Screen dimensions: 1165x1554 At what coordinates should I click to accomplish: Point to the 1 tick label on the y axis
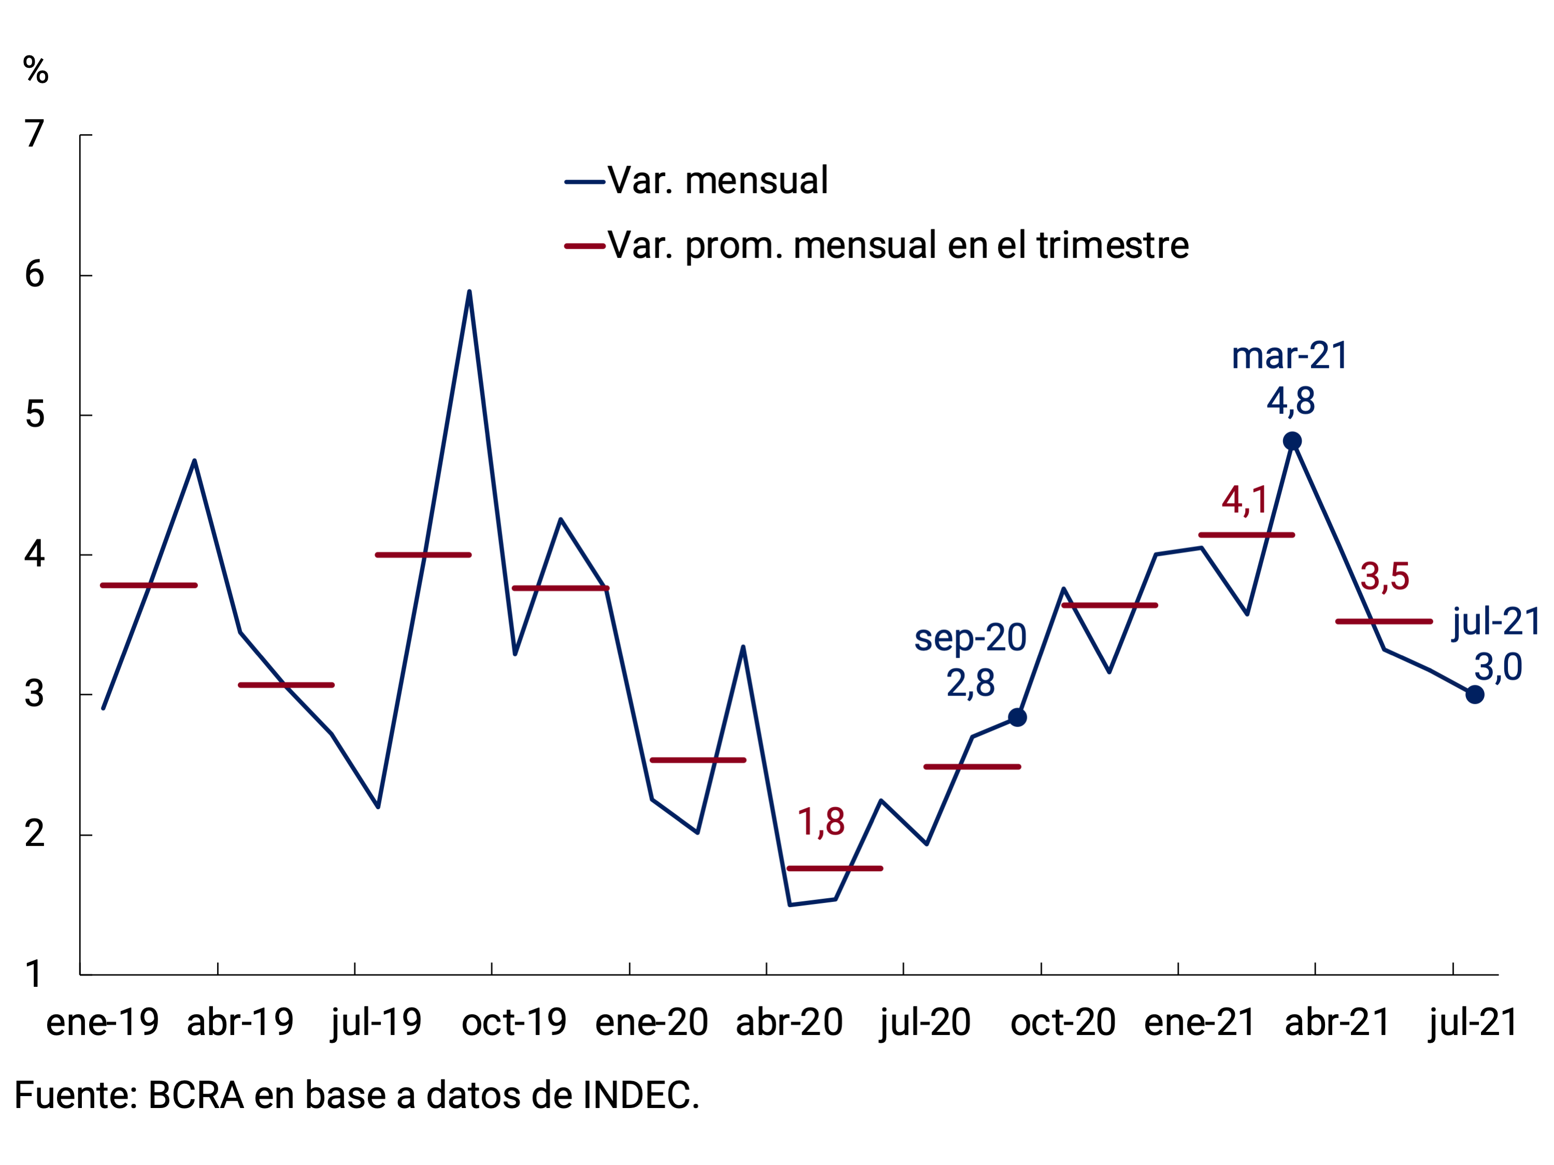[33, 975]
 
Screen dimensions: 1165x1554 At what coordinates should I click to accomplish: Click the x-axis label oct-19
[514, 1023]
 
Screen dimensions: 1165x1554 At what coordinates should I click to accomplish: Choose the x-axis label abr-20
[789, 1023]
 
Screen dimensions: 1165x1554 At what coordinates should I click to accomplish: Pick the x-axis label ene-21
[1200, 1023]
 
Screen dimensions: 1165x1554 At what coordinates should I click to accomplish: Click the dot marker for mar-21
[1292, 441]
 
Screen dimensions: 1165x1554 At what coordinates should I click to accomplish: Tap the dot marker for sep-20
[1017, 717]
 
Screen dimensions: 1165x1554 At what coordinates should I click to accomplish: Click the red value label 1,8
[821, 822]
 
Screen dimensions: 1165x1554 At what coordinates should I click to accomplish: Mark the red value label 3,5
[1385, 577]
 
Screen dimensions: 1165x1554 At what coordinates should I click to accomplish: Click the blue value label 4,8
[1291, 401]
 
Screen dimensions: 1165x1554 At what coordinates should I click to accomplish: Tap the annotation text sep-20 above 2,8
[970, 638]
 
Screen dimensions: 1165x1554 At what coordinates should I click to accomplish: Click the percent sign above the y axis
[36, 70]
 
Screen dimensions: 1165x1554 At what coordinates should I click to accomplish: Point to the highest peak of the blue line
[469, 292]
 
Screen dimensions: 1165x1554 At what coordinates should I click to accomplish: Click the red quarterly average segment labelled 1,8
[835, 869]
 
